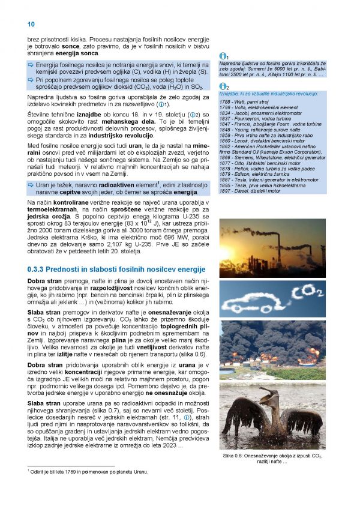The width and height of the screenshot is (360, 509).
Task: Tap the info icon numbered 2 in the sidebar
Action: pos(223,87)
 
